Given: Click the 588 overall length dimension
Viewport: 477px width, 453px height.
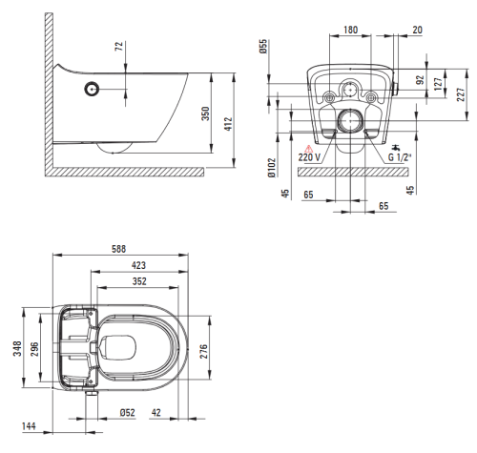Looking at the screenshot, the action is pyautogui.click(x=118, y=249).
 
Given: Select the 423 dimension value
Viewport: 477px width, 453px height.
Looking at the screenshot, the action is pyautogui.click(x=138, y=265).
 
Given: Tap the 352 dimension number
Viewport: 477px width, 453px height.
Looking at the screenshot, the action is pyautogui.click(x=139, y=281).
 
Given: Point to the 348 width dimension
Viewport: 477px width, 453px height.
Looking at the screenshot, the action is pyautogui.click(x=17, y=348).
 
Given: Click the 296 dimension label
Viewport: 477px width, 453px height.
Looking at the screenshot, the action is pyautogui.click(x=34, y=349).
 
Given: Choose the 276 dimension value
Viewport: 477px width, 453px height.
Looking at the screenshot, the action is pyautogui.click(x=203, y=351).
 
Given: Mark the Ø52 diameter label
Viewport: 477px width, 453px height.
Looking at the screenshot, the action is pyautogui.click(x=127, y=413).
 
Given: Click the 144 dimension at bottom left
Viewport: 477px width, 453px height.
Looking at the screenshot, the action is pyautogui.click(x=29, y=426).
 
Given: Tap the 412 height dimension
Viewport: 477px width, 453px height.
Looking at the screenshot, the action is pyautogui.click(x=229, y=124).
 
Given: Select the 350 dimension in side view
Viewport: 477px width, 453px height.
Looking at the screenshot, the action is pyautogui.click(x=206, y=113).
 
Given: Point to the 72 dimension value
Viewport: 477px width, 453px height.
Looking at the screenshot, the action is pyautogui.click(x=119, y=46).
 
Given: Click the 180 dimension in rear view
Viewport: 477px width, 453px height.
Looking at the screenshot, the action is pyautogui.click(x=350, y=30).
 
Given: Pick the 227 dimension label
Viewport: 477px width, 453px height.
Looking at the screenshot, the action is pyautogui.click(x=461, y=94).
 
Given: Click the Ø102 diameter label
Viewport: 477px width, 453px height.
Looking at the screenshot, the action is pyautogui.click(x=271, y=168).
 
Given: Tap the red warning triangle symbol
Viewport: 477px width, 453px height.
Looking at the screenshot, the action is pyautogui.click(x=309, y=149).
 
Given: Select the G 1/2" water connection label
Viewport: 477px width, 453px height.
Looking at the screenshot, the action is pyautogui.click(x=400, y=157).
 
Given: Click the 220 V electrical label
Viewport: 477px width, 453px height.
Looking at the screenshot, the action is pyautogui.click(x=309, y=157).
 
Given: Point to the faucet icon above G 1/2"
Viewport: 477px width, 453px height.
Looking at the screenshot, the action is pyautogui.click(x=396, y=148).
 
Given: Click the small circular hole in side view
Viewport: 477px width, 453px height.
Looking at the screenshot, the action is pyautogui.click(x=93, y=90).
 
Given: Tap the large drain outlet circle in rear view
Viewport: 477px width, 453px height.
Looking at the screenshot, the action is pyautogui.click(x=350, y=121).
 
